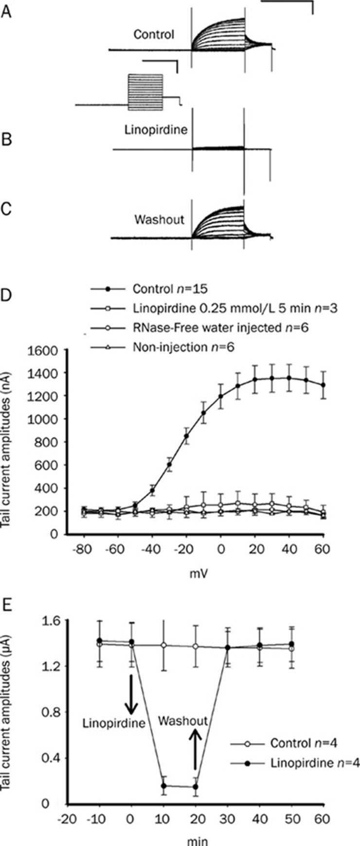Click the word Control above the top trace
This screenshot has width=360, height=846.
tap(154, 35)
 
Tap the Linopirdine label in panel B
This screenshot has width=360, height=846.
tap(155, 130)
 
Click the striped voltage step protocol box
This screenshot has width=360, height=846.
tap(145, 91)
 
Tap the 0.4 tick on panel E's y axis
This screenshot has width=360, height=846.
tap(48, 758)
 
